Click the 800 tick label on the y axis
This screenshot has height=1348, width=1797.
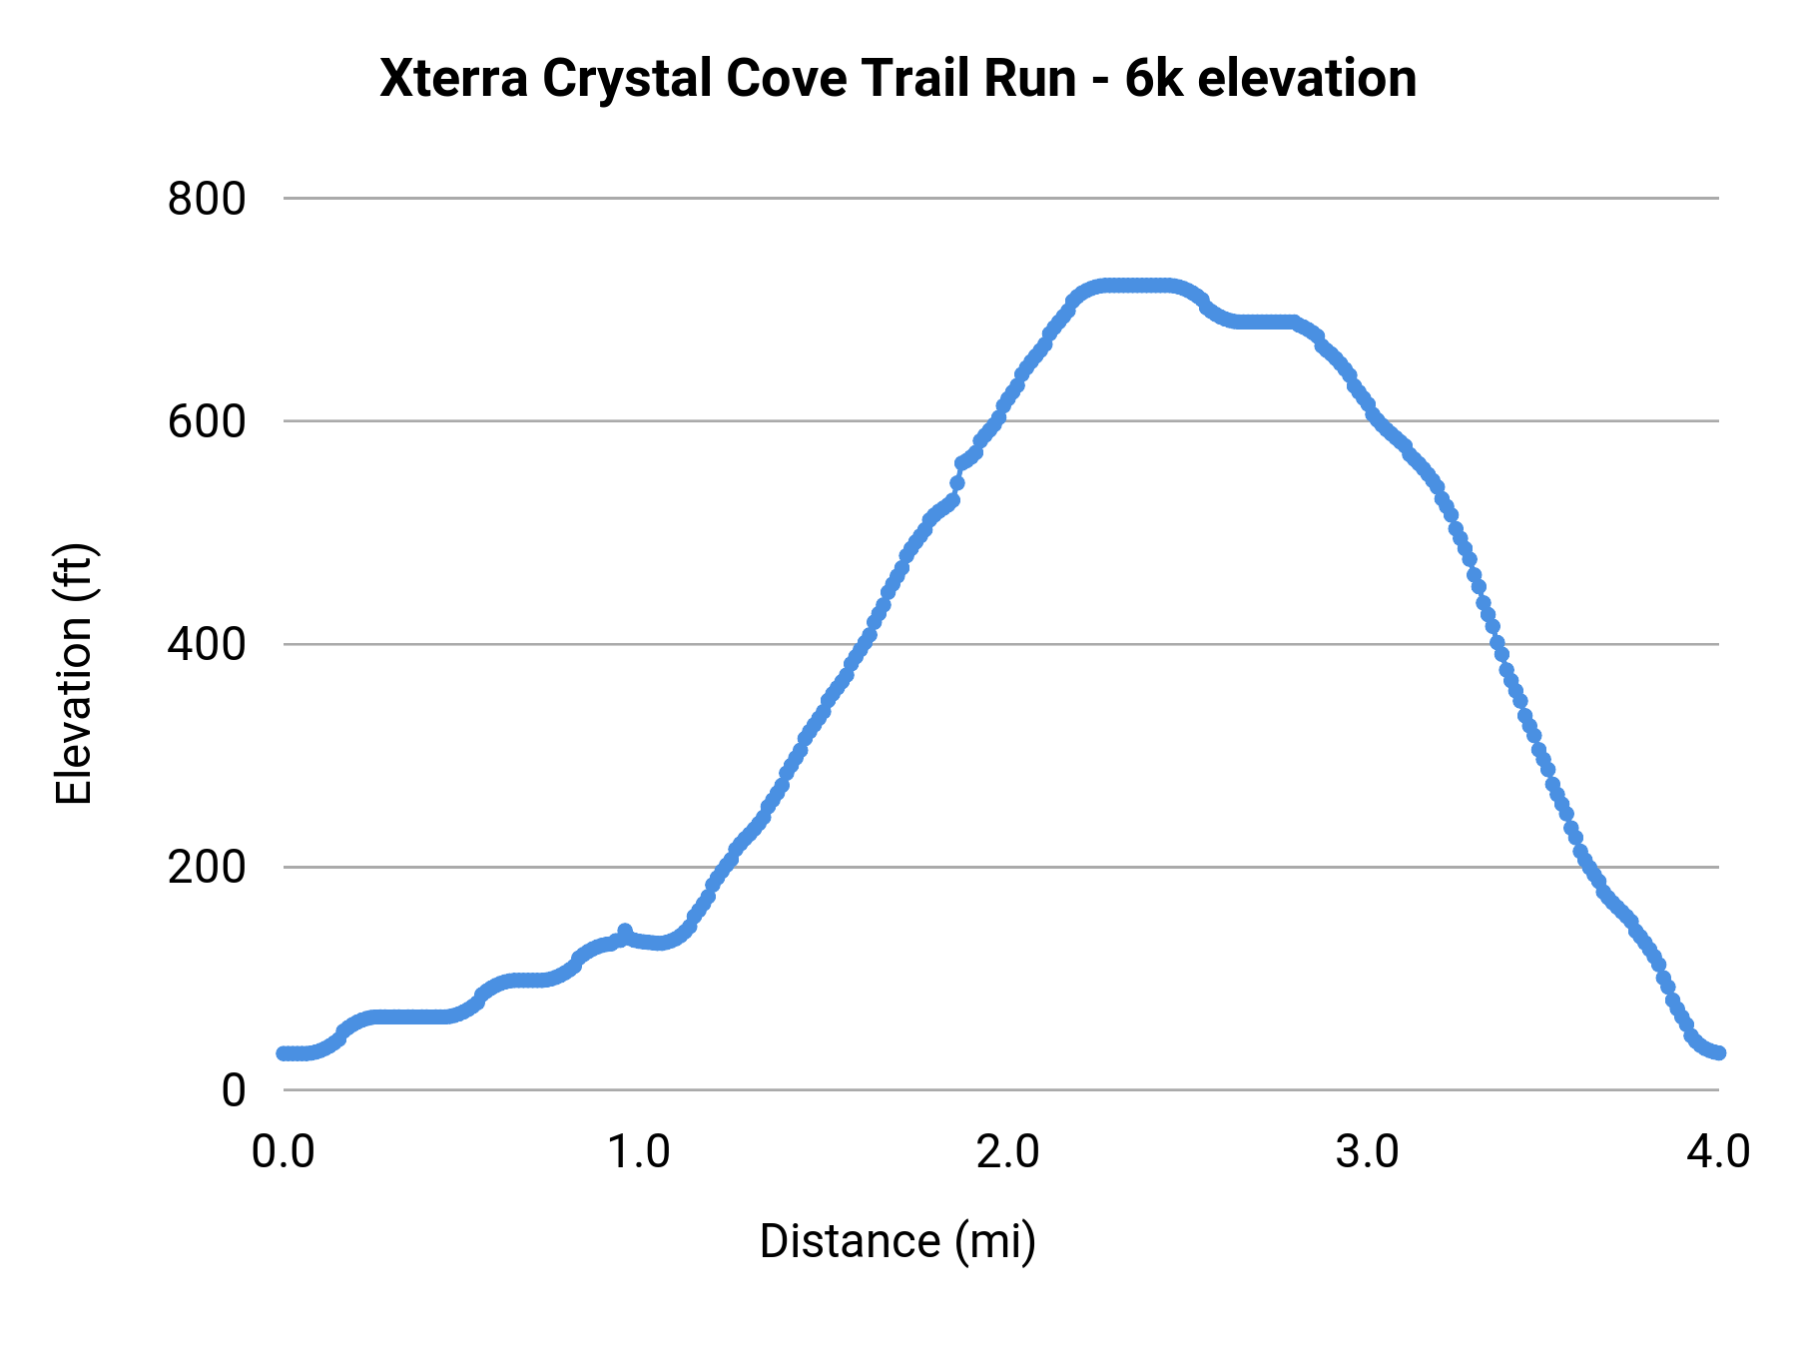(206, 199)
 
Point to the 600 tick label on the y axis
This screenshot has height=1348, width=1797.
(206, 421)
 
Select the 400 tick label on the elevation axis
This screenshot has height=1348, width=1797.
(206, 644)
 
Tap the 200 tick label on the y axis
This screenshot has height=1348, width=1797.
(206, 867)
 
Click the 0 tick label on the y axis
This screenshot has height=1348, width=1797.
(233, 1089)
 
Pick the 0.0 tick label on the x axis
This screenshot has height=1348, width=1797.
(284, 1151)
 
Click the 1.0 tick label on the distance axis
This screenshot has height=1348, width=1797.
(640, 1151)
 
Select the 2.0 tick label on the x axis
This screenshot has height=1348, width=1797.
(1008, 1151)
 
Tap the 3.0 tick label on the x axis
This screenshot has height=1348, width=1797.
(1368, 1151)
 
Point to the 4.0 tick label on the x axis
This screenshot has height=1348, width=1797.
(1718, 1151)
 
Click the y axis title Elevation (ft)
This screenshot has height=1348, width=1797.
(74, 674)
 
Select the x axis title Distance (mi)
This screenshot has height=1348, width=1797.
(898, 1241)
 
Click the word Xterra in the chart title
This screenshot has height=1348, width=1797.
(454, 79)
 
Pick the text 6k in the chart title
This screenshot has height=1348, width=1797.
(1153, 79)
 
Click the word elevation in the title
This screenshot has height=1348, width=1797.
(1307, 79)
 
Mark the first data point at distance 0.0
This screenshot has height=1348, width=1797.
(284, 1053)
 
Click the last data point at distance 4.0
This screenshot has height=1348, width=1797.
(1718, 1052)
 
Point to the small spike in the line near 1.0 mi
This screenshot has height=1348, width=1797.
(625, 932)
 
